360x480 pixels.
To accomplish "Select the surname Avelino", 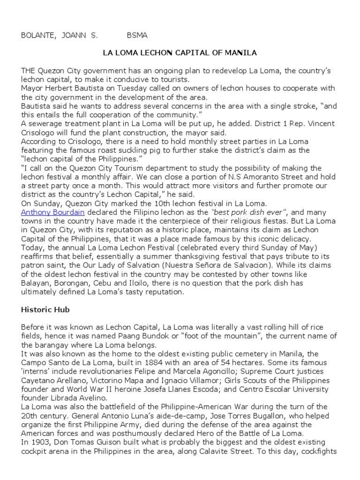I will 87,397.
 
